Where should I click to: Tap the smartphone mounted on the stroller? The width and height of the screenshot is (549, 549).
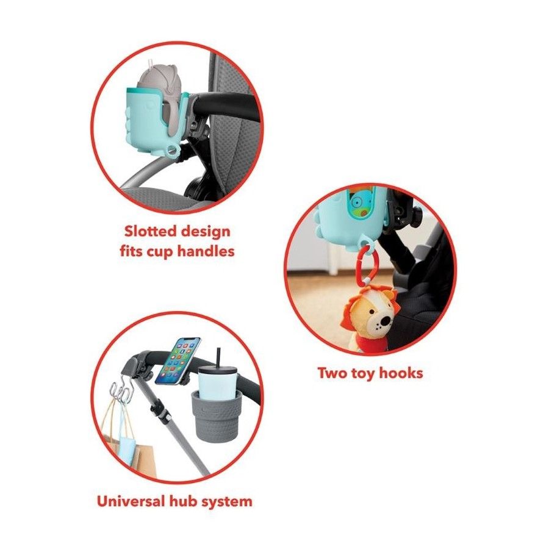[x=178, y=361]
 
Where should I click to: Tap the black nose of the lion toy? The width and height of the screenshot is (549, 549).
[x=386, y=321]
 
